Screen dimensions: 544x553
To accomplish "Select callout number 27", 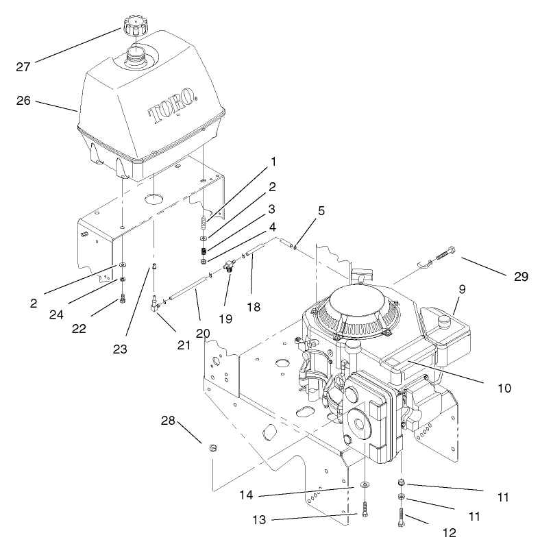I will click(25, 66).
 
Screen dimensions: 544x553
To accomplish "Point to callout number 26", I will click(24, 100).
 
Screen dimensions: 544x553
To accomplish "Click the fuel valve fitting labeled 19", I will click(228, 266).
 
